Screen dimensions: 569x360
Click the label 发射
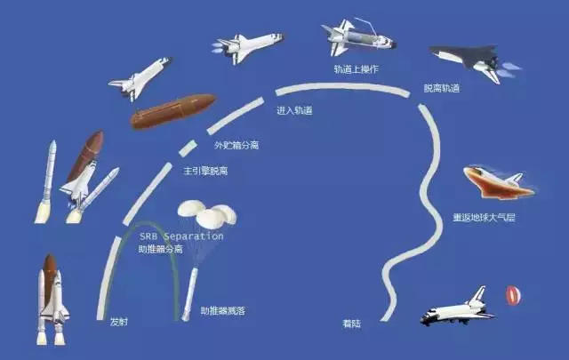(x=118, y=322)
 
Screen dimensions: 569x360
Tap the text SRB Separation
(x=181, y=236)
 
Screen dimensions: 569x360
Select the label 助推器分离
(x=161, y=249)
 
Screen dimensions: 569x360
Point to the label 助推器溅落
(x=223, y=310)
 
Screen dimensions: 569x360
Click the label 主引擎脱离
(x=205, y=171)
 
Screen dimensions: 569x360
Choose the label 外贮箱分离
(x=236, y=146)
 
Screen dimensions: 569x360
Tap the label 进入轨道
(x=294, y=110)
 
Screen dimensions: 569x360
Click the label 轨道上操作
(x=357, y=69)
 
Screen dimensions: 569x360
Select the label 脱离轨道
(x=442, y=88)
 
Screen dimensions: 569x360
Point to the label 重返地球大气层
(x=484, y=218)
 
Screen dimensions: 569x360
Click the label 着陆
(x=352, y=324)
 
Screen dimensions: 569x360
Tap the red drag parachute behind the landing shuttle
(x=513, y=295)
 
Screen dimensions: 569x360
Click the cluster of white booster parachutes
(x=207, y=214)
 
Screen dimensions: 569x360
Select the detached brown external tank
(x=173, y=111)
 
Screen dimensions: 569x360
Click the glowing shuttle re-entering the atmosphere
(x=499, y=182)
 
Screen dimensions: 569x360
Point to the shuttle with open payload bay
(x=358, y=37)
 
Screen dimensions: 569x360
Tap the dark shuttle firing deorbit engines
(x=475, y=61)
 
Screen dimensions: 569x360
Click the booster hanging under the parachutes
(x=189, y=294)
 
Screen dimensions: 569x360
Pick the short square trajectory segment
(x=188, y=148)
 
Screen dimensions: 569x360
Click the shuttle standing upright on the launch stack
(x=52, y=300)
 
